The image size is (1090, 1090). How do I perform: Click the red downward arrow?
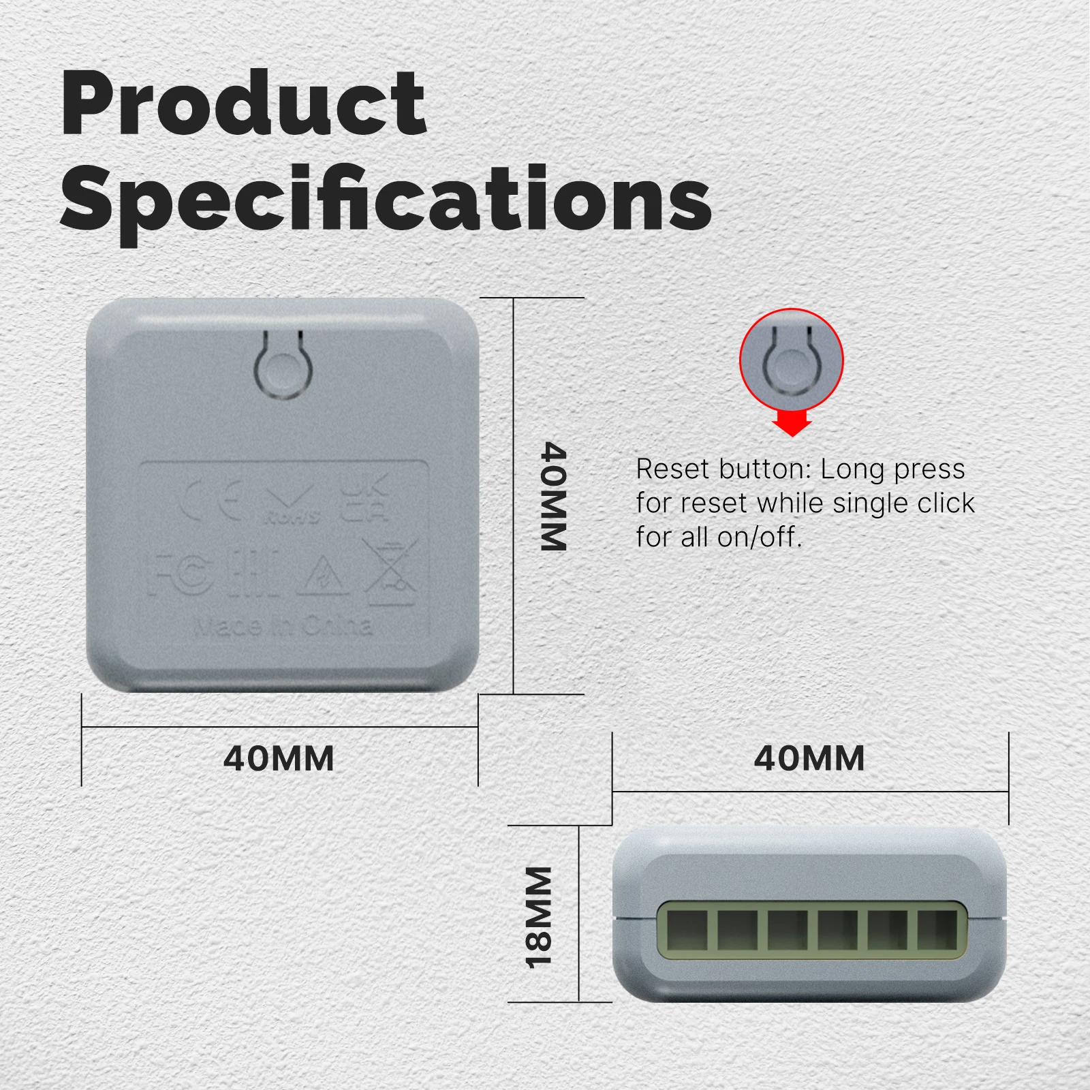792,422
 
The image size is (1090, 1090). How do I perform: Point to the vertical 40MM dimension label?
553,496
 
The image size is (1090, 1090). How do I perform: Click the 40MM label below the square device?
279,758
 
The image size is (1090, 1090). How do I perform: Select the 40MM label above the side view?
809,758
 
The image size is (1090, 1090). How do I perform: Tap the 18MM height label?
538,916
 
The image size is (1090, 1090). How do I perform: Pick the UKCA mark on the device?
364,499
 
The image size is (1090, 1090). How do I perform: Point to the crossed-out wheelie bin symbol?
390,571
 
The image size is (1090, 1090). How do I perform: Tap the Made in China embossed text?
283,625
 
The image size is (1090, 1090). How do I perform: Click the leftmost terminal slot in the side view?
687,930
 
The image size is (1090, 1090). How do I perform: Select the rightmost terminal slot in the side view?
937,930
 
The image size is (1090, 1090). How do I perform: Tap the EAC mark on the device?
253,575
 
